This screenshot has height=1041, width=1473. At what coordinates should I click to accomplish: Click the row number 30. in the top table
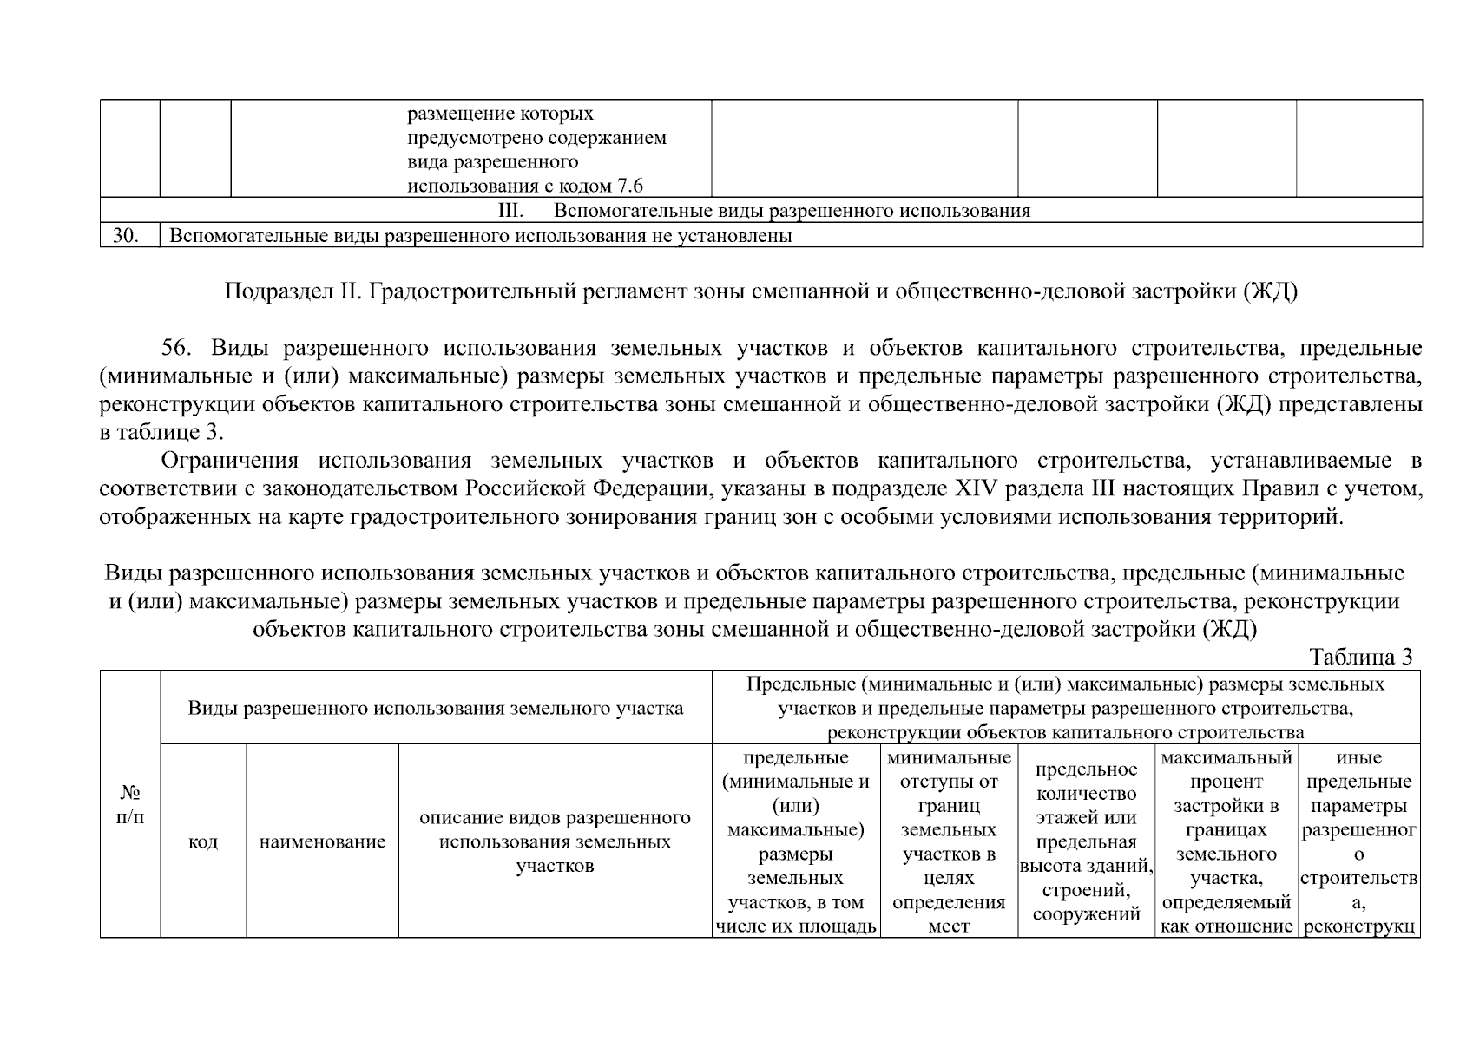tap(127, 236)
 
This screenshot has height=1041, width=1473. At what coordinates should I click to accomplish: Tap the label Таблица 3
tap(1360, 657)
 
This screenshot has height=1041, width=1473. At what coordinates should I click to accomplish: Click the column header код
tap(203, 841)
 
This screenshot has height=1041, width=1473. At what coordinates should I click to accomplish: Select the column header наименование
tap(322, 841)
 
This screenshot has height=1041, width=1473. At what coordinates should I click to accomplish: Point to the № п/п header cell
tap(129, 804)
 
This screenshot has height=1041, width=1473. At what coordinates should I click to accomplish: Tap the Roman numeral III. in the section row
tap(510, 211)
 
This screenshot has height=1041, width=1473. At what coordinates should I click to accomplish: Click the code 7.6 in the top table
tap(629, 186)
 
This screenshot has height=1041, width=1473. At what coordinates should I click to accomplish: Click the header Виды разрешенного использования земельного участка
tap(435, 708)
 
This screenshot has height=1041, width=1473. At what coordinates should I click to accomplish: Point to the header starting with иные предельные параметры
tap(1358, 841)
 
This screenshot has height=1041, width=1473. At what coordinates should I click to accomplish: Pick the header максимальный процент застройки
tap(1226, 841)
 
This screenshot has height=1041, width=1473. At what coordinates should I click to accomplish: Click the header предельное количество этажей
tap(1086, 841)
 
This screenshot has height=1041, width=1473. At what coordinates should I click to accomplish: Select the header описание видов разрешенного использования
tap(555, 841)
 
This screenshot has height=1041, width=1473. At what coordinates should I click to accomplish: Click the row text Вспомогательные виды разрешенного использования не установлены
tap(480, 236)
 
